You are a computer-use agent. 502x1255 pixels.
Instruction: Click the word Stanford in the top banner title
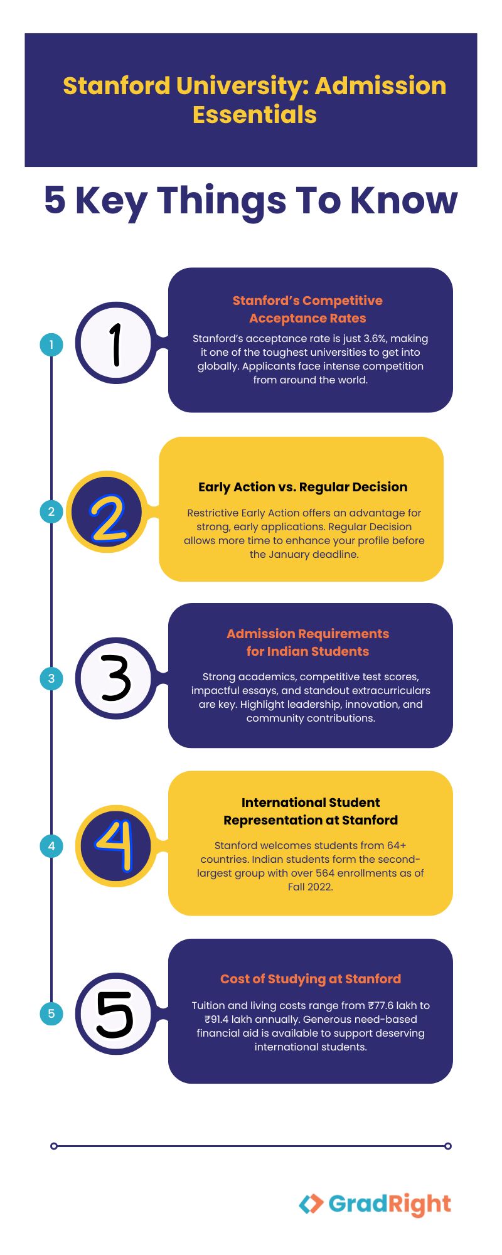pos(117,86)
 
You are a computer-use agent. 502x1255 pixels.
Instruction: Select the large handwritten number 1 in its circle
pos(115,344)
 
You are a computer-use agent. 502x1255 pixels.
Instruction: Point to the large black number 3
pos(116,678)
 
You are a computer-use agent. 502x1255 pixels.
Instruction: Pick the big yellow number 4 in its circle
pos(115,845)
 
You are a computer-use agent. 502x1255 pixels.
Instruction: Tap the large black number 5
pos(115,1014)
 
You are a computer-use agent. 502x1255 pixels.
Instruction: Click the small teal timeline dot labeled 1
pos(51,344)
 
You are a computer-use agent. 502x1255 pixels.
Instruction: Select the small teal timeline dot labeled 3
pos(51,678)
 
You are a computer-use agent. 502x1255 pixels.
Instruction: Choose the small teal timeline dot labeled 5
pos(51,1013)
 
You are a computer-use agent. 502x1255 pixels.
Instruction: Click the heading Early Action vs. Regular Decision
pos(303,487)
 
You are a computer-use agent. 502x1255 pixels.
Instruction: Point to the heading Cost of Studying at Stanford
pos(311,979)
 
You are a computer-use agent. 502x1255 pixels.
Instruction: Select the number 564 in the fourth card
pos(344,873)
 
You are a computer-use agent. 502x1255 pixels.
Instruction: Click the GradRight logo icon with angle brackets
pos(311,1204)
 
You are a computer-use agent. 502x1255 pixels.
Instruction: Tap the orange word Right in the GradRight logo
pos(420,1205)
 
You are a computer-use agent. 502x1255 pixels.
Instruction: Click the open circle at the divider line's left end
pos(54,1146)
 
